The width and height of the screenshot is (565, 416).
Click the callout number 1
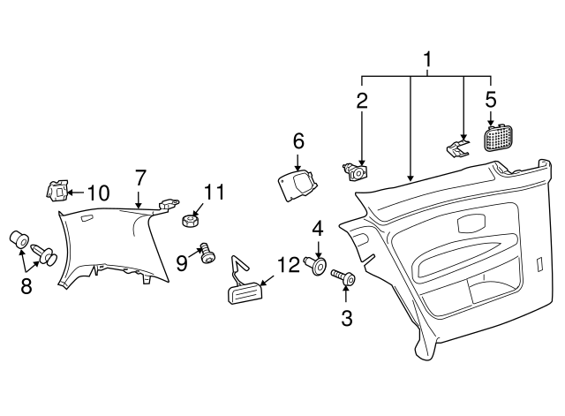427,60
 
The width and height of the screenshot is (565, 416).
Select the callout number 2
362,101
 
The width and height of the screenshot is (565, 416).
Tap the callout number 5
491,99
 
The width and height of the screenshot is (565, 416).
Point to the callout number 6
298,141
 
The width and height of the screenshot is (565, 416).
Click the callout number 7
139,178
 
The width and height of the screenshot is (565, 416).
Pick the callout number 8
26,287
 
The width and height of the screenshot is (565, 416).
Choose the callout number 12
289,265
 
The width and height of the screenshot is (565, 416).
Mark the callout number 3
347,318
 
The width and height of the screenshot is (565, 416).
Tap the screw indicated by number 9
208,253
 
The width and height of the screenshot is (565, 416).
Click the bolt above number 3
343,277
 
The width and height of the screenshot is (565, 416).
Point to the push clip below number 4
316,266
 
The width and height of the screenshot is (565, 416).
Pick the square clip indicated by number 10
56,190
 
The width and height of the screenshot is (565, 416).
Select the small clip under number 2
356,172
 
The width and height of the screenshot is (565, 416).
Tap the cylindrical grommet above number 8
19,239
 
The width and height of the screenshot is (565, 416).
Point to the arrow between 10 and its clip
75,193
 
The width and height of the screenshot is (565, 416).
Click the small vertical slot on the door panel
539,263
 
